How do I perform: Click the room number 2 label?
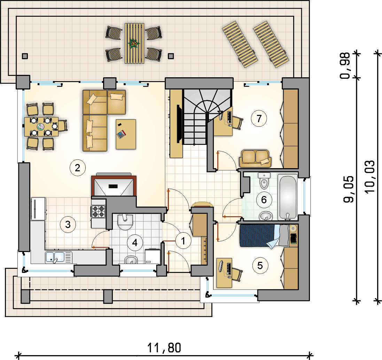click(x=77, y=168)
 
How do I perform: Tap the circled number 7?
click(x=259, y=119)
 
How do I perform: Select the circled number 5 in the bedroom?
click(x=260, y=266)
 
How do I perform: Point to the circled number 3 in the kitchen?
click(x=68, y=224)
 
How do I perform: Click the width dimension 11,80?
click(x=164, y=348)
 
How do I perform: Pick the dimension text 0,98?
click(x=345, y=66)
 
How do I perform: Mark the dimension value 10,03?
click(x=370, y=177)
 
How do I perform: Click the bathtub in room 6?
click(x=288, y=197)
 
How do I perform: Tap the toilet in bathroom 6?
click(x=264, y=181)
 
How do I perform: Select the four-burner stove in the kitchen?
click(x=99, y=211)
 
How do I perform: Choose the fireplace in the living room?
click(x=114, y=186)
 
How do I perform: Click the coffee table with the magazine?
click(x=126, y=134)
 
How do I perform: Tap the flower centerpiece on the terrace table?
click(x=133, y=44)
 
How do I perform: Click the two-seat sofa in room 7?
click(x=255, y=158)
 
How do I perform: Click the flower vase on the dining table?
click(x=40, y=127)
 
